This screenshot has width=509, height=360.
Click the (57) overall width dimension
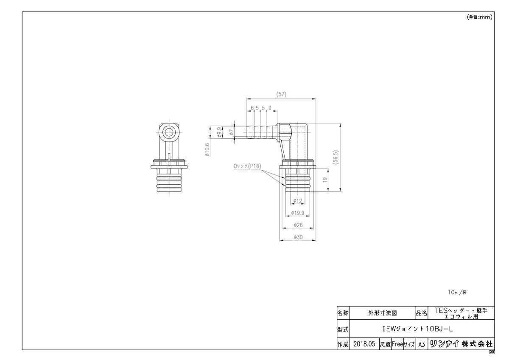coord(281,94)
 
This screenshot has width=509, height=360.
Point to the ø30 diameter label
coord(297,237)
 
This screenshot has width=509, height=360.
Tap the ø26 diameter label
coord(297,225)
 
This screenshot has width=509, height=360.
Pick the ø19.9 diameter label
coord(297,213)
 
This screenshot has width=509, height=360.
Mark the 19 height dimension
coord(325,180)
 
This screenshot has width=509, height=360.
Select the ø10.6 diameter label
coord(207,149)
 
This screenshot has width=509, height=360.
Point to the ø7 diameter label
coord(232,132)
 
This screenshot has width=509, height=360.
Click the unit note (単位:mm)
coord(479,17)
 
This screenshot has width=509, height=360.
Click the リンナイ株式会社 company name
coord(461,344)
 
